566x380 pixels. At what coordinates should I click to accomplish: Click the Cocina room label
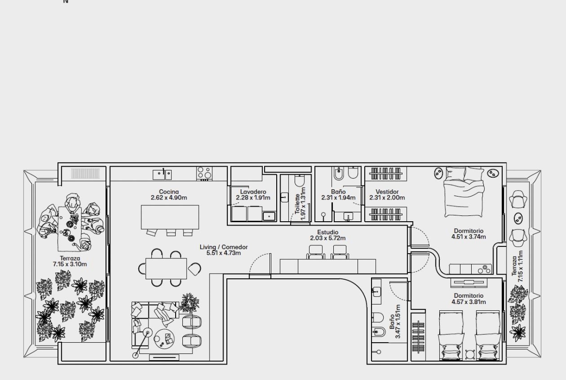point(169,192)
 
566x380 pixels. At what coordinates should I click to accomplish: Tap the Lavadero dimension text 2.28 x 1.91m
point(253,198)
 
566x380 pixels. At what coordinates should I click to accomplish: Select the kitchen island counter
point(170,217)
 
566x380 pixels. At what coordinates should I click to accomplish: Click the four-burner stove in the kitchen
point(204,173)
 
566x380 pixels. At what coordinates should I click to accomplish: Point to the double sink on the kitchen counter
point(162,174)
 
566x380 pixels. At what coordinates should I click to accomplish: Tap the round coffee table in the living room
point(164,338)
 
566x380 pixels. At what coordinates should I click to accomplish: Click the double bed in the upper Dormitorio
point(464,192)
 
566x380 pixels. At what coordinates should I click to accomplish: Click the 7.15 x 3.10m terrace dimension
point(70,264)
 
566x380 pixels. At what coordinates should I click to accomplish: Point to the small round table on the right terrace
point(518,218)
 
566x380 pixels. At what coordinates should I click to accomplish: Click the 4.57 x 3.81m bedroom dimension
point(469,302)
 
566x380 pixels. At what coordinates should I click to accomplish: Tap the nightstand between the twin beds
point(469,355)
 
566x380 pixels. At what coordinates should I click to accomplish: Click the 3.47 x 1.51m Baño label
point(395,321)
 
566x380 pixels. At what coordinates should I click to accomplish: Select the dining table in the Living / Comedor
point(166,268)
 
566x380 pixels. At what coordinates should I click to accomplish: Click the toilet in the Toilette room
point(300,180)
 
